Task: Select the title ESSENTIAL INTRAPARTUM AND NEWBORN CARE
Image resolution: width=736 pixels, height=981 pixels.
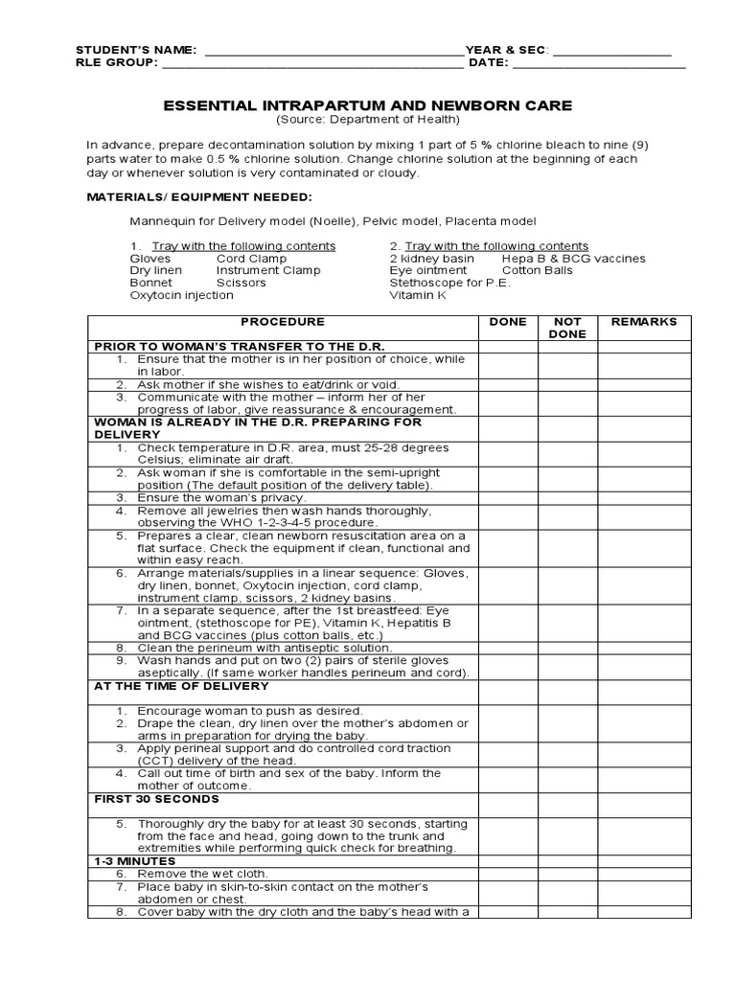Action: pos(368,105)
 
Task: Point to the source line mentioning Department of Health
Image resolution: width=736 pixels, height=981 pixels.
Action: pos(368,120)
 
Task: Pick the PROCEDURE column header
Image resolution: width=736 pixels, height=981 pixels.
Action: pos(283,322)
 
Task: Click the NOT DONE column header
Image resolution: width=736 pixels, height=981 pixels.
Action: pos(567,328)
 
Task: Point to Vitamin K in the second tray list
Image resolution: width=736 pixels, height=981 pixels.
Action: pos(418,296)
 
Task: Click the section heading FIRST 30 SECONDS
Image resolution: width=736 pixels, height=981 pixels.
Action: pos(156,798)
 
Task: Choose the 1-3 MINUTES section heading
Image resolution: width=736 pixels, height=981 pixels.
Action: pos(134,861)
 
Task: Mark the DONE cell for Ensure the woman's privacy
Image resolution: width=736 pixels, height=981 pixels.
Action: pos(508,498)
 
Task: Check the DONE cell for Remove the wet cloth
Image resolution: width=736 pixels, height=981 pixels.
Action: pos(508,874)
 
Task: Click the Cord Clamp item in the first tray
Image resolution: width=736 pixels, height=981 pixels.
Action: pos(251,259)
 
